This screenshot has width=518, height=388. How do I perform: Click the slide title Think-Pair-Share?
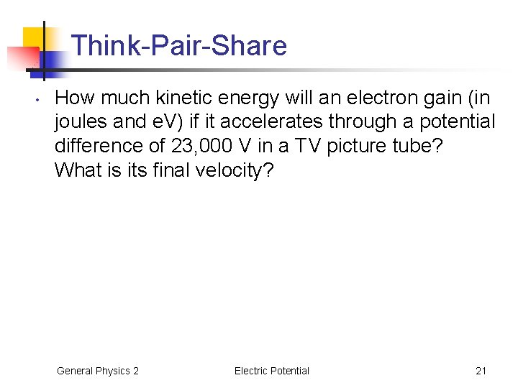[179, 46]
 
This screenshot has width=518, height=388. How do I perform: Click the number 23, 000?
[202, 146]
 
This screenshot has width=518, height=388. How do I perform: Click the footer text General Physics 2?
[98, 371]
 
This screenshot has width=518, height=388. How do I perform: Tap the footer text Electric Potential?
[271, 371]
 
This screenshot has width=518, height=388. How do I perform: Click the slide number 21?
[481, 371]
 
